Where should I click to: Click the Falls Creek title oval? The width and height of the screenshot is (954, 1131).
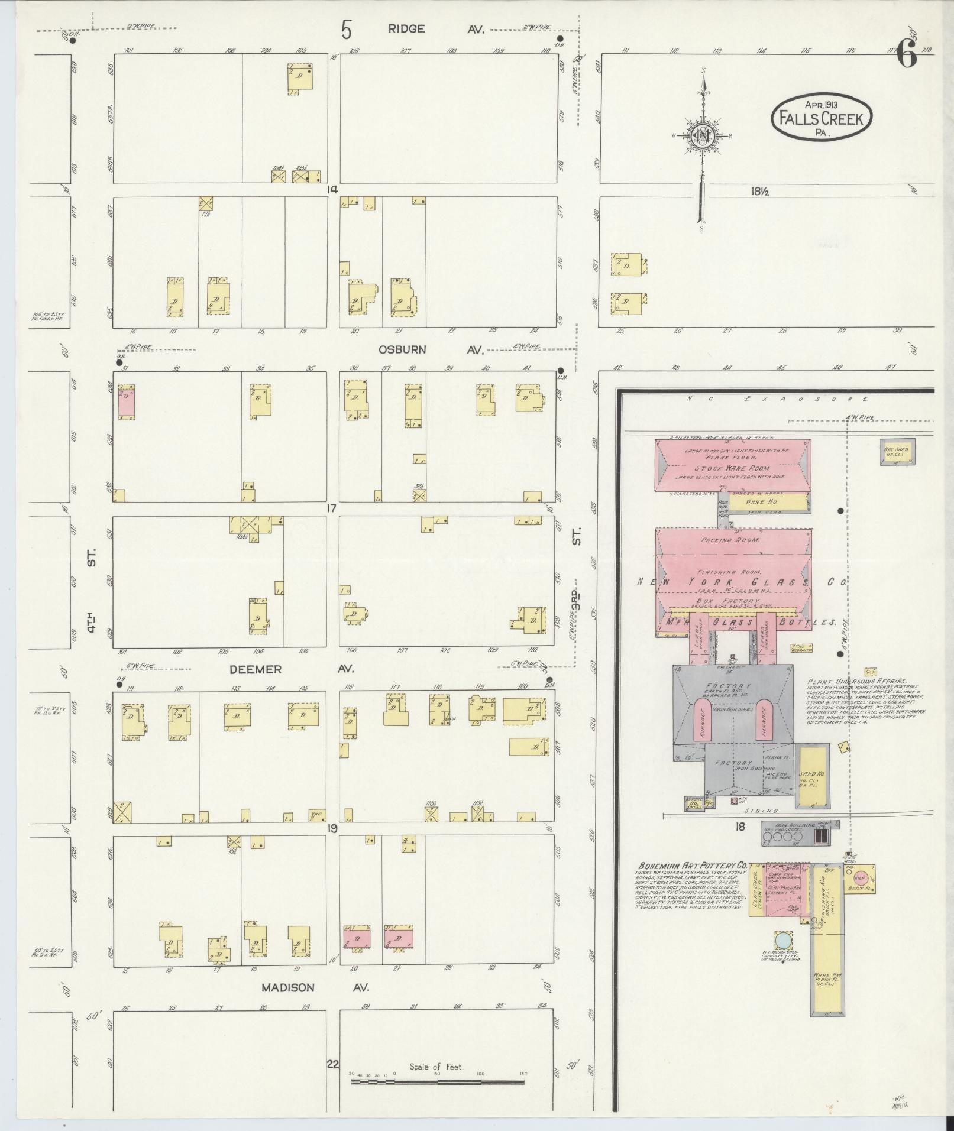(821, 117)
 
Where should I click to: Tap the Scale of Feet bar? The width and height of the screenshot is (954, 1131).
(438, 1082)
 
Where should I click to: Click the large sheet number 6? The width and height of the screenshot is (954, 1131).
(906, 56)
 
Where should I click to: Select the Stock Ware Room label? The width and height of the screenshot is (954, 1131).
(733, 468)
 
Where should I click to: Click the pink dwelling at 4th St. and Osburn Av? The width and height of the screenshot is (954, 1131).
(126, 403)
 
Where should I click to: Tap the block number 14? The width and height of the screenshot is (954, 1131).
(333, 190)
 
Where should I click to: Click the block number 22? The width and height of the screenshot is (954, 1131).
(333, 1064)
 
